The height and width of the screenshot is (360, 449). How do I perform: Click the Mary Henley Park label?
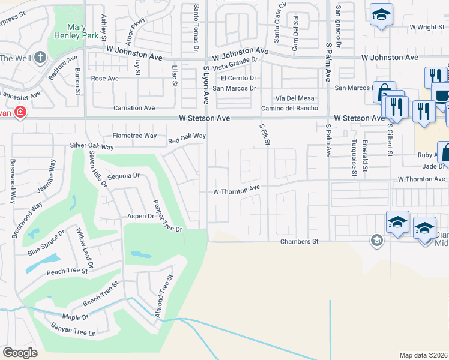pos(82,32)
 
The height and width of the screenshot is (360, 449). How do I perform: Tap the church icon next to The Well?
pos(40,58)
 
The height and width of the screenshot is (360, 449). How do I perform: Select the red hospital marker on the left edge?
pos(20,112)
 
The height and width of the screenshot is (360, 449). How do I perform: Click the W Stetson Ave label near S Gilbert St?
pos(358,118)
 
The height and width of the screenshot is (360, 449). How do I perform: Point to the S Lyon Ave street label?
pos(205,86)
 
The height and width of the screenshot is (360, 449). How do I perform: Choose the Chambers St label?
pos(298,241)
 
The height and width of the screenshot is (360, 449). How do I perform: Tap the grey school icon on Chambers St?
pos(376,241)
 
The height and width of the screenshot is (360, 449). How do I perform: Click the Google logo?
pos(20,353)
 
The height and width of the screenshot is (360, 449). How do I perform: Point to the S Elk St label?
pos(264,135)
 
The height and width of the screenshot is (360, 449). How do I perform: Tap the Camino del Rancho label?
pos(289,108)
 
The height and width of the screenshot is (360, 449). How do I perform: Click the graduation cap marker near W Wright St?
pos(381,15)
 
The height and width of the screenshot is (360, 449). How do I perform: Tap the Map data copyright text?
pos(423,355)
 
